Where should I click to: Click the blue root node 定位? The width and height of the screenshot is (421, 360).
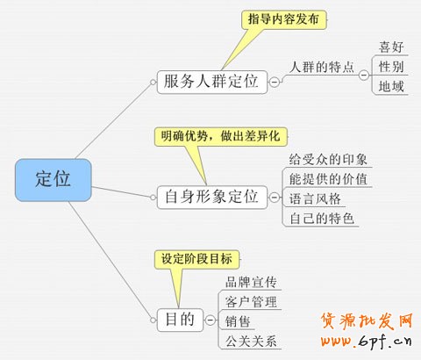click(54, 180)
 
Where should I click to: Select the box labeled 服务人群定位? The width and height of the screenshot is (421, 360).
click(212, 82)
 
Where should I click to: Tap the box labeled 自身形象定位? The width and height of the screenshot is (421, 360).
click(212, 198)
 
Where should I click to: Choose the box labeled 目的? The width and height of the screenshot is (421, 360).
click(180, 320)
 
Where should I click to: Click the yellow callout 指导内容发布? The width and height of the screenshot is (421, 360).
click(283, 19)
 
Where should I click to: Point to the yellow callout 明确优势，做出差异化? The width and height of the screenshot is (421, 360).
click(221, 136)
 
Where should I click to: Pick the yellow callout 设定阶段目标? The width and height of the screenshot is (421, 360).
click(196, 259)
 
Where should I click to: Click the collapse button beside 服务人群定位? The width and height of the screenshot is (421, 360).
click(275, 82)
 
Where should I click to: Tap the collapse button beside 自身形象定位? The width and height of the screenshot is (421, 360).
click(275, 198)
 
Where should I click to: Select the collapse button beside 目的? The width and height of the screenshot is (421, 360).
click(210, 320)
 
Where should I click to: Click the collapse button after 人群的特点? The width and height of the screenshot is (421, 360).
click(364, 75)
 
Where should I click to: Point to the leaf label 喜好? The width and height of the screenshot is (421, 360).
click(391, 47)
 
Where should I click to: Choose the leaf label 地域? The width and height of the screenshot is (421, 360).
click(391, 87)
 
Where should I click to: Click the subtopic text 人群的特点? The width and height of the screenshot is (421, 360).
click(322, 67)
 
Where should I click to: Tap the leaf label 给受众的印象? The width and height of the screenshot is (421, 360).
click(328, 160)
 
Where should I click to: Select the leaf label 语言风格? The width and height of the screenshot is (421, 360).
click(315, 198)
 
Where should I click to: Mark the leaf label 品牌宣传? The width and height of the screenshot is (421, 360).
click(251, 282)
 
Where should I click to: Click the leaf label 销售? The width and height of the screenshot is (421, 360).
click(238, 321)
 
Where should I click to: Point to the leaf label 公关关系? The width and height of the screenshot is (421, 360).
click(251, 342)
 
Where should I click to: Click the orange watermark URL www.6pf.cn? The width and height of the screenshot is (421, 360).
click(366, 341)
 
